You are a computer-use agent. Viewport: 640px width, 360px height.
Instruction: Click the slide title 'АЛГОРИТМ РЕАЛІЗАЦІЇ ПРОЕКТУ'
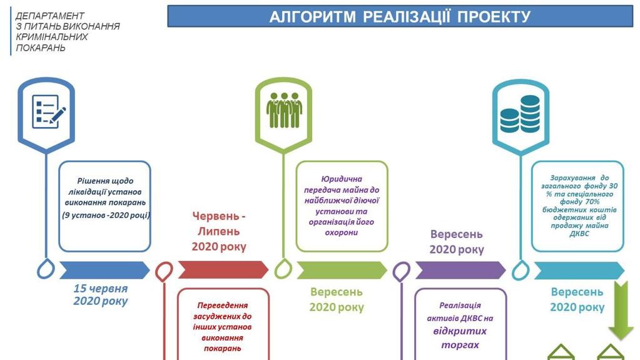pos(400,17)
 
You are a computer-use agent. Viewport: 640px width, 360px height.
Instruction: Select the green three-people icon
pos(283,111)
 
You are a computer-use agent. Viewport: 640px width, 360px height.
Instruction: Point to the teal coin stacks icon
pos(520,113)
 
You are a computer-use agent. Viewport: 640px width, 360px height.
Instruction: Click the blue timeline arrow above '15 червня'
pos(104,270)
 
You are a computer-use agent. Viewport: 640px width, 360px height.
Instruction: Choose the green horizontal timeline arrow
pos(342,270)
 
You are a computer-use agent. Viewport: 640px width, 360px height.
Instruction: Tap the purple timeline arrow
pos(460,270)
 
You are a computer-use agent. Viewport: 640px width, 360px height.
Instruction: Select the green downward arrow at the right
pos(622,309)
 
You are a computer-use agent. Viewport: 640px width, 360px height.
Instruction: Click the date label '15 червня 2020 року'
pos(100,295)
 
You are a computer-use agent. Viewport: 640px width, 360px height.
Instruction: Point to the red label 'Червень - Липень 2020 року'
pos(219,231)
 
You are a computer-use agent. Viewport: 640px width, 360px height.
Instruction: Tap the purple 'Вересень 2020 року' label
pos(457,242)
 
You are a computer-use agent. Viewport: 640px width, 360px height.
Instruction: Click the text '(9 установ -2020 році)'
pos(106,215)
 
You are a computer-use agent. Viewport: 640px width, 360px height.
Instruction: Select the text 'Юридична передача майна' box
pos(342,206)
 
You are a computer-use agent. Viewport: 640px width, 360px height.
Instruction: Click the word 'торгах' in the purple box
pos(460,344)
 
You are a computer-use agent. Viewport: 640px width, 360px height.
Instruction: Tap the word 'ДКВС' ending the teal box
pos(579,234)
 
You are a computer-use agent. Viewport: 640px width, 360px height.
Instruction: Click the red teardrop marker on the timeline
pos(164,271)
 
